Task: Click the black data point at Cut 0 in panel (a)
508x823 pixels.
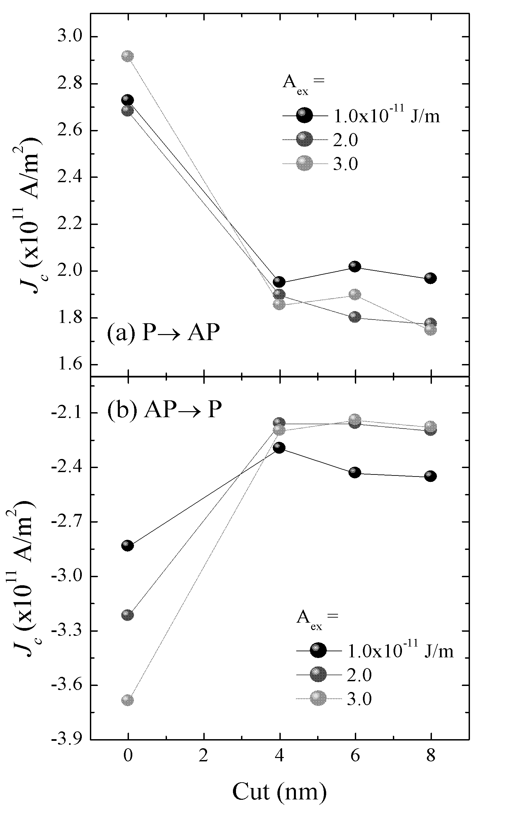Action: click(x=127, y=100)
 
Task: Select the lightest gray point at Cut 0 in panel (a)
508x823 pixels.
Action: click(x=127, y=56)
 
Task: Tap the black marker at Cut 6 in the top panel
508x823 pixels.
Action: click(x=355, y=267)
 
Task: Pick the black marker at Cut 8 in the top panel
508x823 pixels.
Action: click(x=431, y=278)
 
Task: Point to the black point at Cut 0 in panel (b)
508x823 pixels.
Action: click(x=127, y=546)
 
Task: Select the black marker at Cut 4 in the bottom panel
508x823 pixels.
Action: click(x=279, y=448)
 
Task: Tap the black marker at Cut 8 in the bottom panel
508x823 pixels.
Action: click(x=431, y=476)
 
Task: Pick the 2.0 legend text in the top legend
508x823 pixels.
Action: click(x=345, y=140)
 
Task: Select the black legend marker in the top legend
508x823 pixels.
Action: click(x=304, y=116)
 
